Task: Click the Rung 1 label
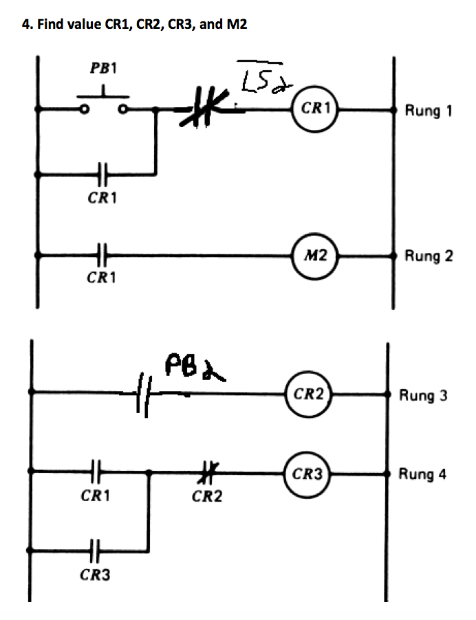pos(429,110)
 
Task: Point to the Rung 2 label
pos(429,256)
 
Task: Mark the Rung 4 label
pos(423,474)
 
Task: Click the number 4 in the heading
pos(25,25)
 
